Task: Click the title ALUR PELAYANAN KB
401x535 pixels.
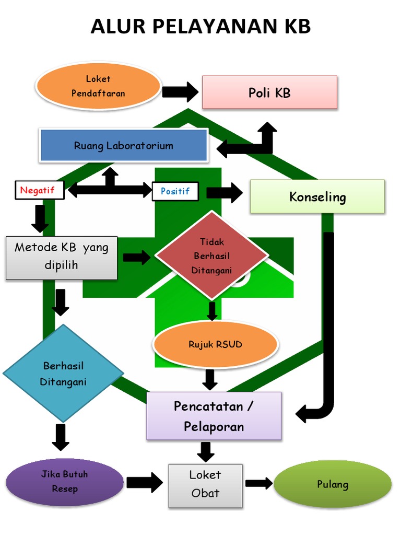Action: pos(200,26)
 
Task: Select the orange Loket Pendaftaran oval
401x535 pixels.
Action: pos(98,86)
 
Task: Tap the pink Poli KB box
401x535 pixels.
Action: pos(269,92)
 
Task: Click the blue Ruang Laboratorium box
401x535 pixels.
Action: pos(124,145)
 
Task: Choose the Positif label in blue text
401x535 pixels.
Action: pos(175,191)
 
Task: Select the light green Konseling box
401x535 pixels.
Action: pos(317,196)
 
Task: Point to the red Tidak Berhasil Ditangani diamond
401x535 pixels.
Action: pos(211,256)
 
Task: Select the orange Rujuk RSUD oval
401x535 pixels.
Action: pos(215,344)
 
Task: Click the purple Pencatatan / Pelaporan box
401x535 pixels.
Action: pos(214,416)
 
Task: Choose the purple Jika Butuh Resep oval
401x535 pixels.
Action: pos(64,482)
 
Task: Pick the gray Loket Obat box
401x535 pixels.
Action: pos(205,485)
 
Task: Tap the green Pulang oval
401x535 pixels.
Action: pos(333,484)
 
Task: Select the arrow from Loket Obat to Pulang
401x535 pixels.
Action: pos(259,483)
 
